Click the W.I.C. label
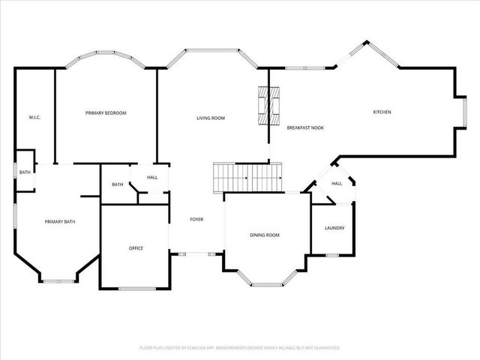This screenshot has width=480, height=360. click(x=34, y=118)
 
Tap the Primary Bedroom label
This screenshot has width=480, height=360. click(x=106, y=113)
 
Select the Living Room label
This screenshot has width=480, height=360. click(x=211, y=118)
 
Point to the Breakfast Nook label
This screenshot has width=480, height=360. click(x=305, y=129)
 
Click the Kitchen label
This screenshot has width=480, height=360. click(x=382, y=112)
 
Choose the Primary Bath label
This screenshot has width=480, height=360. click(x=60, y=221)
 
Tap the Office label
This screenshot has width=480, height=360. click(x=136, y=248)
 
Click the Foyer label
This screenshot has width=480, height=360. click(x=196, y=219)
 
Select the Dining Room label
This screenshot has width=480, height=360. click(x=265, y=235)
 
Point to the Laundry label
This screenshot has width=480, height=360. click(x=334, y=228)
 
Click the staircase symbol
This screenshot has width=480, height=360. click(x=247, y=177)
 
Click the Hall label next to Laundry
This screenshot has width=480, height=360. click(x=337, y=184)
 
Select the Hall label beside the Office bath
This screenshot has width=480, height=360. click(x=152, y=178)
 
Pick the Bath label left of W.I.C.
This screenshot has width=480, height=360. click(x=25, y=172)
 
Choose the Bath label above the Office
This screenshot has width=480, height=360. click(x=118, y=184)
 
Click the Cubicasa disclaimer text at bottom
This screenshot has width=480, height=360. click(x=240, y=348)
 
